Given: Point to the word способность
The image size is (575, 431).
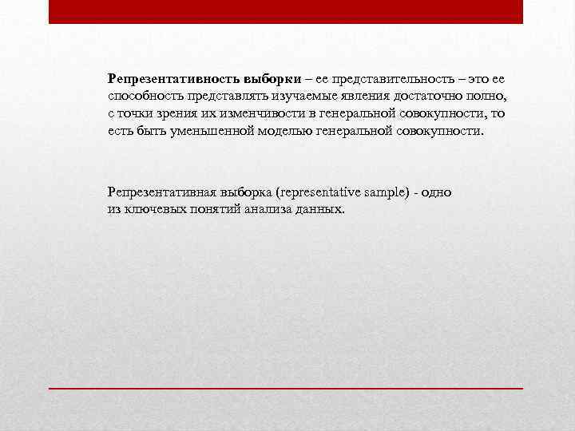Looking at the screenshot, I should coord(141,97).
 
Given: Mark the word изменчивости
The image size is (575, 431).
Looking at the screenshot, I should coord(251,113).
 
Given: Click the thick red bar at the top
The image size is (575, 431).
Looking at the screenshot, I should coord(286,11).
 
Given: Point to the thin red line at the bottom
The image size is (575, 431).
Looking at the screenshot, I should coord(286,387).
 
